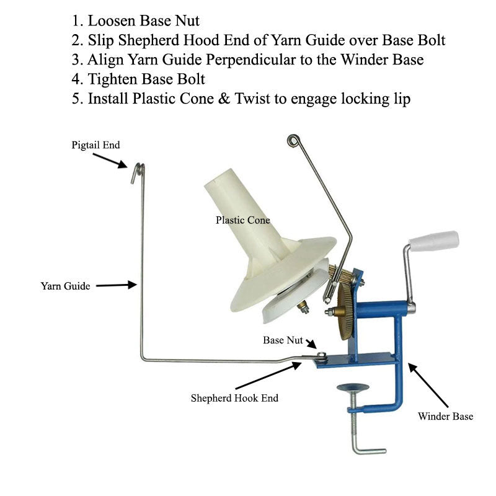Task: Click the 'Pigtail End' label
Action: (94, 145)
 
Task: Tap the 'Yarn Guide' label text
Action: (65, 286)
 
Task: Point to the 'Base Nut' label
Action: (283, 340)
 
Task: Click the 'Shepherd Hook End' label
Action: (234, 398)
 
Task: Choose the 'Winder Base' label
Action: (445, 416)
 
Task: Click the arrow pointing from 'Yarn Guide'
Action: (116, 285)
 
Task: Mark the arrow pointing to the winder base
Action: (423, 384)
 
